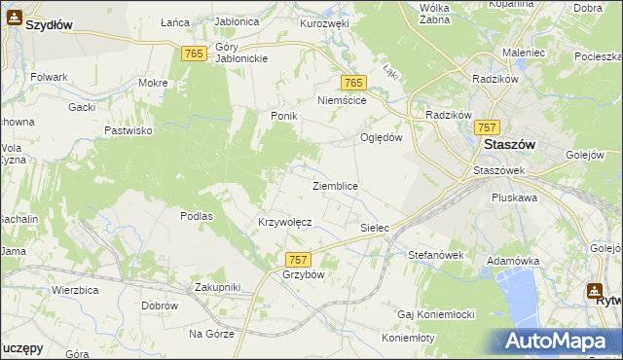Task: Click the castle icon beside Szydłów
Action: (14, 17)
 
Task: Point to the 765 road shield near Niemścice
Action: (352, 85)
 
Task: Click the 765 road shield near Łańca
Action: (193, 54)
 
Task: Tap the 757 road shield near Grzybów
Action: (298, 259)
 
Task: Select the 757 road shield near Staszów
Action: (488, 127)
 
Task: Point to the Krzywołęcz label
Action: (284, 222)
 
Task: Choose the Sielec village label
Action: (375, 228)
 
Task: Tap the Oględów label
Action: (382, 137)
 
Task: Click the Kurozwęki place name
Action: (325, 22)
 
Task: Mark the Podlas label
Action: (197, 216)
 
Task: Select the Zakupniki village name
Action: (217, 287)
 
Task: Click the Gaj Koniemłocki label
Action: (435, 314)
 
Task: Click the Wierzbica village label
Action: (77, 290)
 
